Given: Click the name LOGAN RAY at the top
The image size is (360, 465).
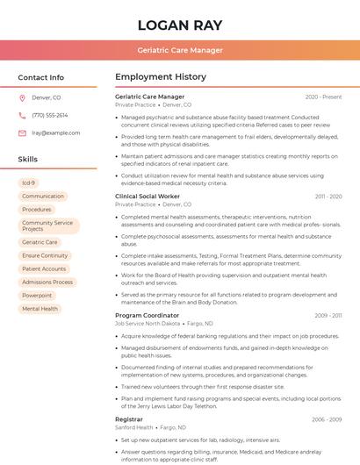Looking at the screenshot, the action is pyautogui.click(x=179, y=25).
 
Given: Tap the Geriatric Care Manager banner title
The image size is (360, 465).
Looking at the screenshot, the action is pyautogui.click(x=180, y=50).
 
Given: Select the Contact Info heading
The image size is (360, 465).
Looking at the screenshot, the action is pyautogui.click(x=40, y=77).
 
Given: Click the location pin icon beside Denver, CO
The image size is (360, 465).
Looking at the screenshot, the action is pyautogui.click(x=22, y=97).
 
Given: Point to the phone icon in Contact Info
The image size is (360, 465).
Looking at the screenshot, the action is pyautogui.click(x=22, y=115).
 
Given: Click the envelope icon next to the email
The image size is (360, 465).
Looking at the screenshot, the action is pyautogui.click(x=22, y=132).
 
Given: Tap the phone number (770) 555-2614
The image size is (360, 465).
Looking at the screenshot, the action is pyautogui.click(x=49, y=115).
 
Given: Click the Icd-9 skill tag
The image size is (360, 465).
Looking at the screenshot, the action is pyautogui.click(x=29, y=182).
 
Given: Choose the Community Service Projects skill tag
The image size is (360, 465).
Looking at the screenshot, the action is pyautogui.click(x=47, y=225).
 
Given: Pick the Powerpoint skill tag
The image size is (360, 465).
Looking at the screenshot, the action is pyautogui.click(x=37, y=296).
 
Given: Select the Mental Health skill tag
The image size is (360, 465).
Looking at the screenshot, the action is pyautogui.click(x=40, y=309).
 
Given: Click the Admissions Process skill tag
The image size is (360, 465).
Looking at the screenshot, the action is pyautogui.click(x=47, y=283).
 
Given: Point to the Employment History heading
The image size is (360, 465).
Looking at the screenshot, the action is pyautogui.click(x=161, y=77).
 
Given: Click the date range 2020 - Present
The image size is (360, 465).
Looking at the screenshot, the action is pyautogui.click(x=323, y=97).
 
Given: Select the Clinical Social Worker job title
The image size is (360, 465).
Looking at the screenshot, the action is pyautogui.click(x=148, y=197).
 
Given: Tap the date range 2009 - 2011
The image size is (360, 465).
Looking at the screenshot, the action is pyautogui.click(x=328, y=315).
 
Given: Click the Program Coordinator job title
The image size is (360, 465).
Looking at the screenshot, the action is pyautogui.click(x=147, y=315).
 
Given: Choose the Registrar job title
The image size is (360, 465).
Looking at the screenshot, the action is pyautogui.click(x=129, y=419).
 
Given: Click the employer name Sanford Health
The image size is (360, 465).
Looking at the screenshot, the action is pyautogui.click(x=134, y=428).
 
